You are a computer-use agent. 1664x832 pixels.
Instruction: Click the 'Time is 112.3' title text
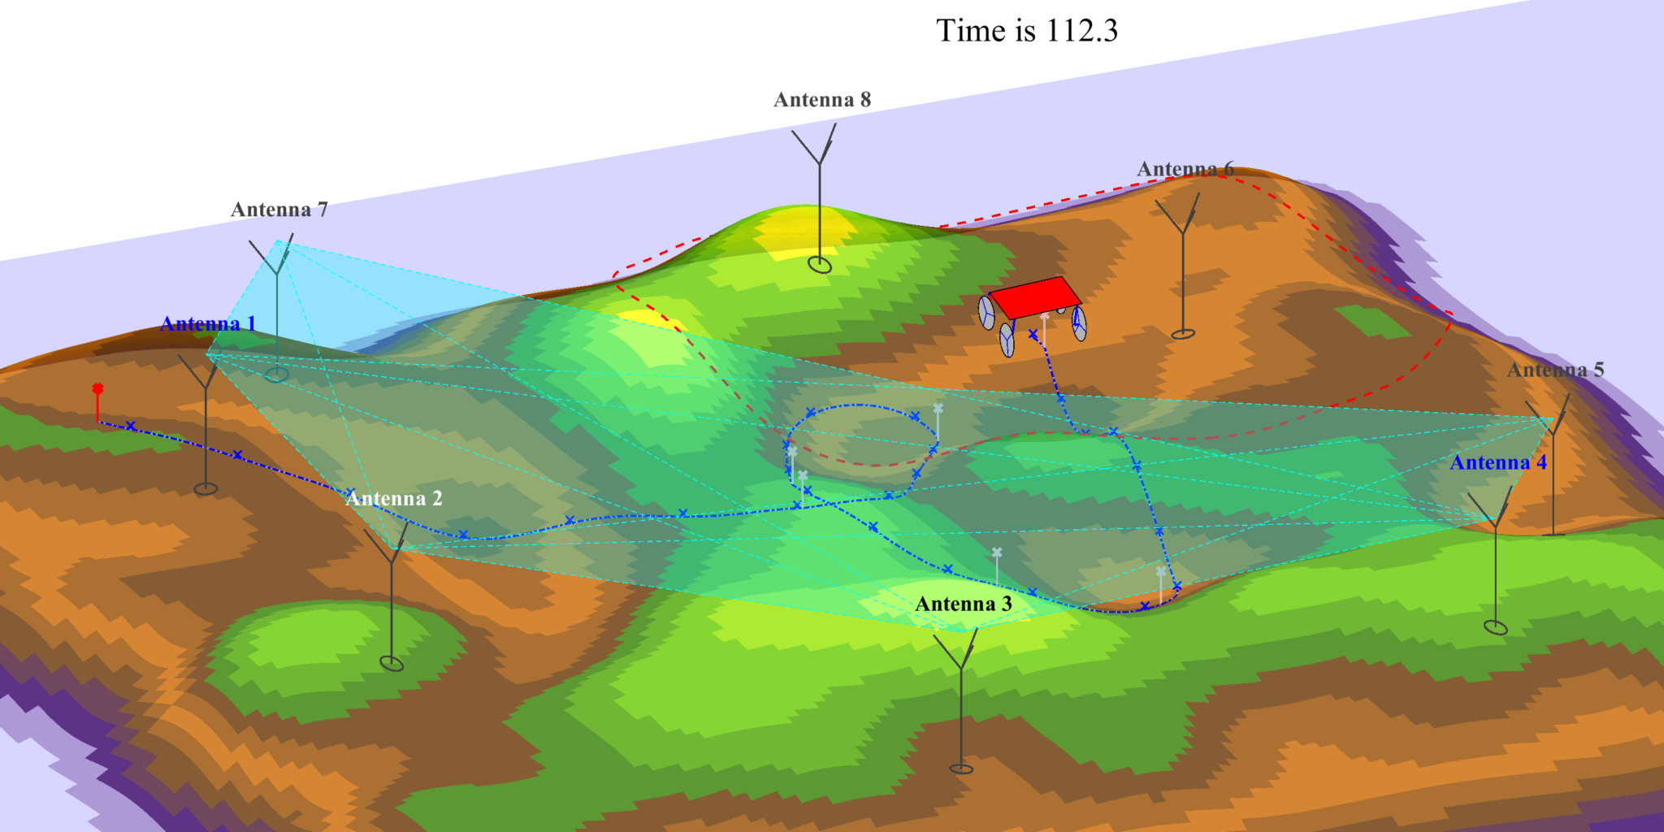(x=1027, y=31)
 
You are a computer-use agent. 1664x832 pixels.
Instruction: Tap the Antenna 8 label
(x=821, y=100)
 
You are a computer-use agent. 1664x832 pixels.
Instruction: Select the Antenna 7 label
(x=279, y=210)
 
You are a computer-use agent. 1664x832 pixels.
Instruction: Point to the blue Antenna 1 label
(x=208, y=324)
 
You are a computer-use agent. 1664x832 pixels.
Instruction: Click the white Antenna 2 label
(x=394, y=499)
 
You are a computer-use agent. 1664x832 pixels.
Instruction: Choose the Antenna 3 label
(x=963, y=604)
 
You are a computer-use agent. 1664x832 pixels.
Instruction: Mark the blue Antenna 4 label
(x=1497, y=463)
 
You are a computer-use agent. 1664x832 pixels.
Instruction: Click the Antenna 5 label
(x=1555, y=370)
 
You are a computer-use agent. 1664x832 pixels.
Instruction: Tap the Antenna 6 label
(x=1185, y=169)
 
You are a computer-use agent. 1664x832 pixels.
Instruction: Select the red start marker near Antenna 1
(x=97, y=389)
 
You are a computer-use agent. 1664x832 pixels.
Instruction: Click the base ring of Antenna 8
(x=820, y=265)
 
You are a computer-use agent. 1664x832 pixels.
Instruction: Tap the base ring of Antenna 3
(x=961, y=769)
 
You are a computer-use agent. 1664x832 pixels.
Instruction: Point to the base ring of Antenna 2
(x=392, y=664)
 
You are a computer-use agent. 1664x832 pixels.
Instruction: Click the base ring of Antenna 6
(x=1183, y=333)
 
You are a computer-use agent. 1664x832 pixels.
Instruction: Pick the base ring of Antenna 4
(x=1495, y=627)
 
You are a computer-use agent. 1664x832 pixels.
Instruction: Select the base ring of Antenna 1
(x=206, y=489)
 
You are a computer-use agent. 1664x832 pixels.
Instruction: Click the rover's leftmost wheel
(x=986, y=313)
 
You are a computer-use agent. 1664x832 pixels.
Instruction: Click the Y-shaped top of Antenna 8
(x=820, y=146)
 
